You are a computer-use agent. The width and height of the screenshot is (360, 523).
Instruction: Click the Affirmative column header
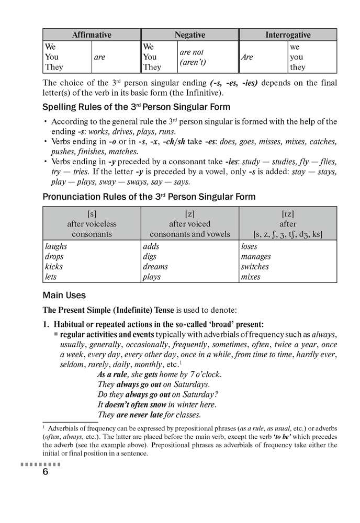(92, 35)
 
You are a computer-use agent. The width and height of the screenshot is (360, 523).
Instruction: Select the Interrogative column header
(288, 35)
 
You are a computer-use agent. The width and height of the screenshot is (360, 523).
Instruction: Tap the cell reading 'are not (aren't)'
(192, 57)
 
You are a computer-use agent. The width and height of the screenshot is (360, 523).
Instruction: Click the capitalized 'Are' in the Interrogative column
(247, 57)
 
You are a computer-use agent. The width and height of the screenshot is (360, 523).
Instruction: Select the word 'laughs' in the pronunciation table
(56, 246)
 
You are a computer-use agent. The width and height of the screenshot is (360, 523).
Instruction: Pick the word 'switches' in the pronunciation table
(255, 267)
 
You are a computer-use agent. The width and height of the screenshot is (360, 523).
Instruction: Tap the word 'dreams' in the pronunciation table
(155, 267)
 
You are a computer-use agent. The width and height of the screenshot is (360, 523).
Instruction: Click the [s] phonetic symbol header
(92, 213)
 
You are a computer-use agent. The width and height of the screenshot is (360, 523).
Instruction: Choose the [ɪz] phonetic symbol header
(288, 213)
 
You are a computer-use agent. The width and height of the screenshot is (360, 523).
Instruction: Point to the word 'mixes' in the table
(251, 277)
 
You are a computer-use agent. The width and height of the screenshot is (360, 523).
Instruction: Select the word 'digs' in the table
(151, 257)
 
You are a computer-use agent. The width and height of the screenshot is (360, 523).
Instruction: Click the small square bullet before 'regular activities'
(56, 334)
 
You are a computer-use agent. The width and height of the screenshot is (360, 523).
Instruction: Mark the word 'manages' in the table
(256, 257)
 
